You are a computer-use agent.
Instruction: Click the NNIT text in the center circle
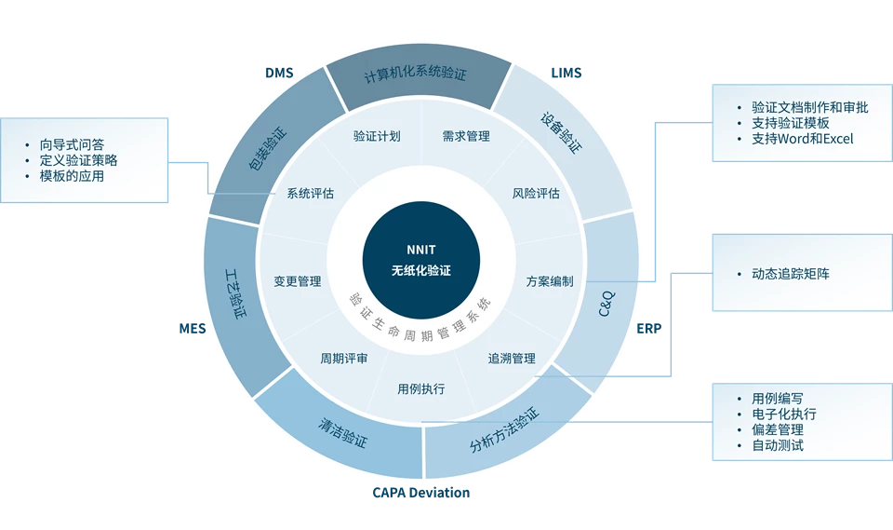(421, 250)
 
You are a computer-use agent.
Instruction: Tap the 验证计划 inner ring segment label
(377, 136)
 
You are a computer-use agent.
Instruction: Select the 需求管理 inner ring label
(466, 136)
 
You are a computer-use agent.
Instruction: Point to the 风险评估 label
(536, 194)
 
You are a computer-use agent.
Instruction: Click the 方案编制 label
(550, 281)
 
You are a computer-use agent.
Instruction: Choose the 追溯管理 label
(512, 359)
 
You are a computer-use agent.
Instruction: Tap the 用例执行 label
(420, 389)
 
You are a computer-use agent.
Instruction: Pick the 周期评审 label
(343, 359)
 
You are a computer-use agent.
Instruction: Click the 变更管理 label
(298, 281)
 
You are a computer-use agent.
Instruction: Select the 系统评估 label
(310, 194)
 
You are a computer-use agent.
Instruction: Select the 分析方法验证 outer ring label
(504, 429)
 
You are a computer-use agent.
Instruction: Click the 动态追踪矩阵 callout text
(790, 274)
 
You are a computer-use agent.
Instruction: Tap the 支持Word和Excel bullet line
(802, 139)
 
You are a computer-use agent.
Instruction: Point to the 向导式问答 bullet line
(72, 144)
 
